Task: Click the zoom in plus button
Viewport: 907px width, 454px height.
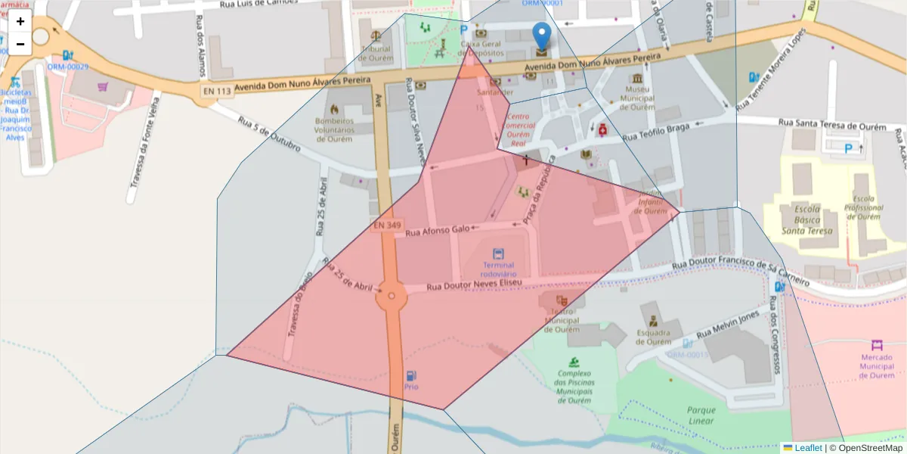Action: pyautogui.click(x=20, y=21)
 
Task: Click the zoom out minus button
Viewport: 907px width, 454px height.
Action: pyautogui.click(x=20, y=44)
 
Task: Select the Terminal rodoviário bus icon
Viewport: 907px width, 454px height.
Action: pyautogui.click(x=498, y=254)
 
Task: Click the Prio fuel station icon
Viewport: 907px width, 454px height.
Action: pyautogui.click(x=410, y=375)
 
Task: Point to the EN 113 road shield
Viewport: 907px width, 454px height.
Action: pyautogui.click(x=216, y=92)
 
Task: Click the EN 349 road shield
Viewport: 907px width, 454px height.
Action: pyautogui.click(x=387, y=225)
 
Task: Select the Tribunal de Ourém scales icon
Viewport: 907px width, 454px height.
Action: pyautogui.click(x=376, y=35)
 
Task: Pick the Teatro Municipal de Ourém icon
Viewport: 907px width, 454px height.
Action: pyautogui.click(x=562, y=300)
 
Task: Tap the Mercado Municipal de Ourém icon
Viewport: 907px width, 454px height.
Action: pyautogui.click(x=877, y=345)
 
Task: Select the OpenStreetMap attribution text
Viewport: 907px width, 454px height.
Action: pyautogui.click(x=867, y=448)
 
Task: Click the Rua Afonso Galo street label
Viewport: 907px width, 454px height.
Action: pyautogui.click(x=438, y=231)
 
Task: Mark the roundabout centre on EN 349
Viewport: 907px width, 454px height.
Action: pyautogui.click(x=392, y=297)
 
